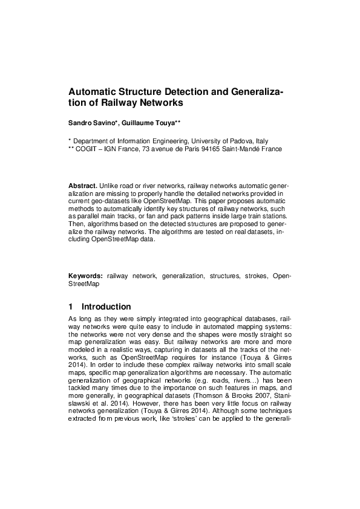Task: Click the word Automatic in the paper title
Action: tap(92, 92)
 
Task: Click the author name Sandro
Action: tap(80, 123)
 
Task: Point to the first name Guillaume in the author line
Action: tap(134, 123)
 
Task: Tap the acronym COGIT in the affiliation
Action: tap(90, 148)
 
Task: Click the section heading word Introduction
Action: tap(106, 307)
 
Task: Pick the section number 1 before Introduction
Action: tap(71, 307)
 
